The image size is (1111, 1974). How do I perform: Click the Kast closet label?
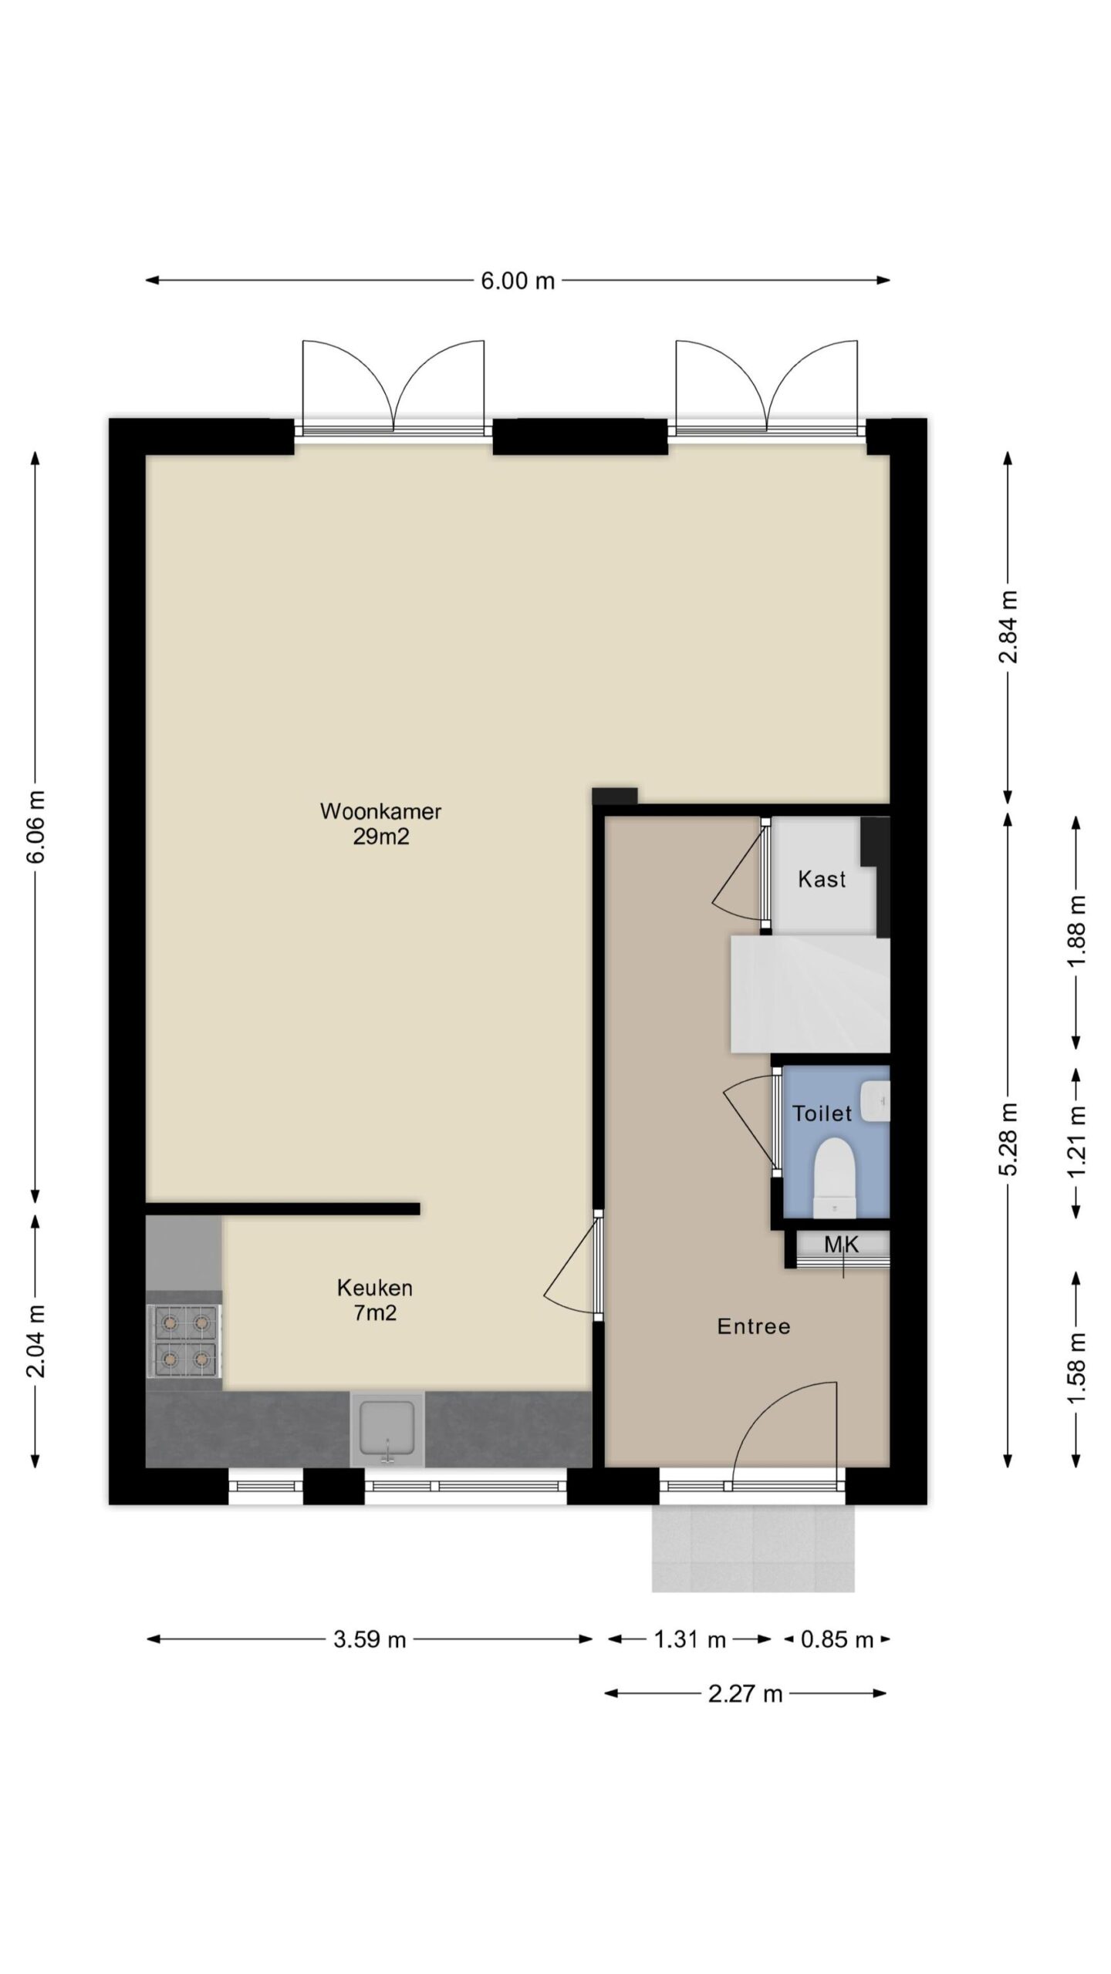pos(822,879)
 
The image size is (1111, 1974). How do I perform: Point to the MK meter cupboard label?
pos(841,1244)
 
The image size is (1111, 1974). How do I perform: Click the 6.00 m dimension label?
pos(518,281)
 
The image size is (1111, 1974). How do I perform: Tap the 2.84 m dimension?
pos(1008,626)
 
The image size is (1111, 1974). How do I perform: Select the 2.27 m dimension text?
pos(745,1693)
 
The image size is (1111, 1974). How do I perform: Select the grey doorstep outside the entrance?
pos(753,1548)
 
